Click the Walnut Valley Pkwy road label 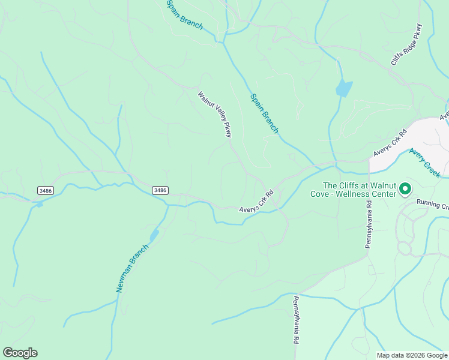[x=214, y=114]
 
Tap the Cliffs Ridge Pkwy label [x=407, y=44]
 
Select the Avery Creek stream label [x=424, y=163]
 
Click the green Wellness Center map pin [x=405, y=190]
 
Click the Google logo [x=20, y=353]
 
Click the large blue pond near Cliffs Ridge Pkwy [x=343, y=88]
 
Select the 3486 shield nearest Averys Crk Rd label [x=160, y=190]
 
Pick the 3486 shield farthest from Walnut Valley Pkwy [x=45, y=190]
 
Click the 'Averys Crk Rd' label [x=256, y=201]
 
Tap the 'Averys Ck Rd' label [x=390, y=142]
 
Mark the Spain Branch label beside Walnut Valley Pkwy [x=264, y=113]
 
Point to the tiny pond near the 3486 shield [x=39, y=205]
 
